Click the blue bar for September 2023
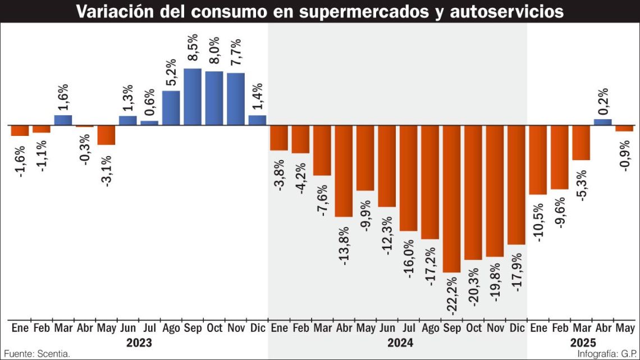pos(193,97)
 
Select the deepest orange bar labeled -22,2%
pos(451,198)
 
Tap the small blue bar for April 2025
pos(602,121)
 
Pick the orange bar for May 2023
pos(106,135)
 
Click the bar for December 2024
pos(516,184)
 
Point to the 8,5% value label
pos(193,50)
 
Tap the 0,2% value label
pos(603,101)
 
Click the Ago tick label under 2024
pos(430,327)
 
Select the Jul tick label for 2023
pos(149,327)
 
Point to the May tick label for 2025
pos(624,327)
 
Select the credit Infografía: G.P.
pos(607,354)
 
